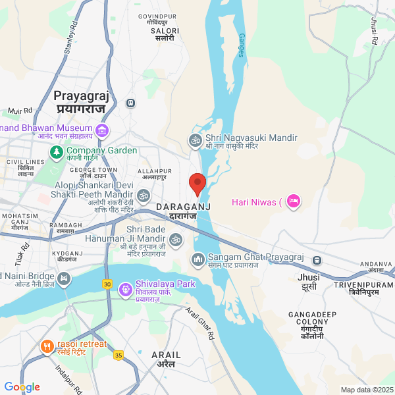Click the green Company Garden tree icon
[x=57, y=151]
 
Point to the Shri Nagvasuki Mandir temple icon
[x=195, y=140]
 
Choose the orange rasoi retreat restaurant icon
[x=47, y=346]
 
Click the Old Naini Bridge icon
[x=63, y=279]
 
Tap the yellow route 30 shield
[x=107, y=284]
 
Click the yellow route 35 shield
[x=118, y=355]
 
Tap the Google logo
[x=22, y=387]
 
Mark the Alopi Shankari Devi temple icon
[x=143, y=196]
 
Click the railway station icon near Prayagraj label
[x=131, y=103]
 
